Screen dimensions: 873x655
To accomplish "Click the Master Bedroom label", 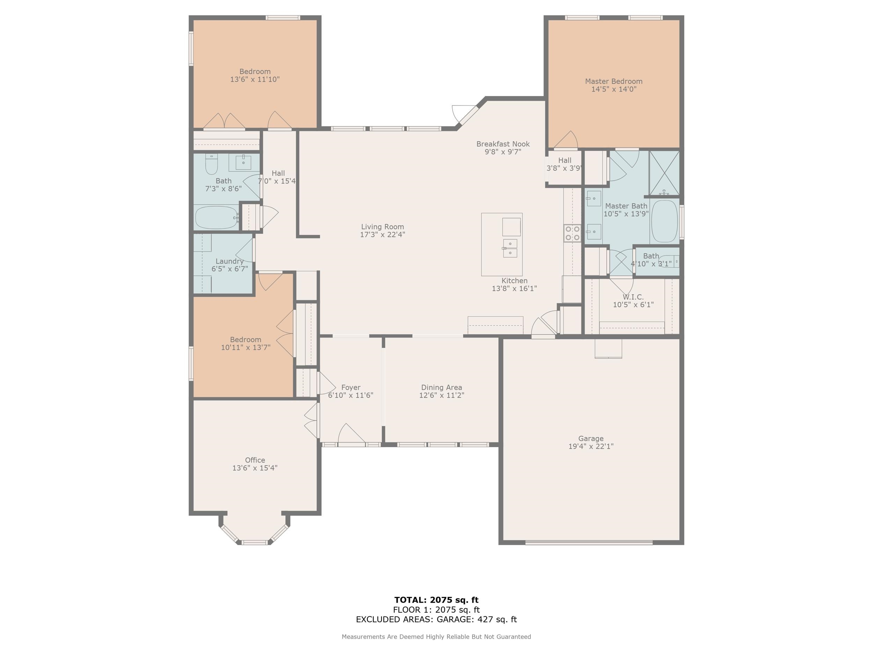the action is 614,81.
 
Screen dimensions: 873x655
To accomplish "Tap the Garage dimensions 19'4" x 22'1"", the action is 591,446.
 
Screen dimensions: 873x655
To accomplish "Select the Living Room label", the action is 382,227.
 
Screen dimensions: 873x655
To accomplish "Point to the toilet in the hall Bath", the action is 212,164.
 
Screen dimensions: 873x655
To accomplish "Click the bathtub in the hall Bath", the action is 216,218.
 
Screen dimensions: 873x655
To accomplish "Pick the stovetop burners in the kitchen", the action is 572,233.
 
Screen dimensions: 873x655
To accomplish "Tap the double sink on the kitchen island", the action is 510,248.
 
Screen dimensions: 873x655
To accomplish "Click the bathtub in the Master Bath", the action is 664,221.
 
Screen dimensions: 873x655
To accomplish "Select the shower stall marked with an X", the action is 664,173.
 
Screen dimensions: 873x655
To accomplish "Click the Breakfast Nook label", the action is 503,144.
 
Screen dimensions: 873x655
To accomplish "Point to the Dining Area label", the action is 441,388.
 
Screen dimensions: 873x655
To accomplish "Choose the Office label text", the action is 255,460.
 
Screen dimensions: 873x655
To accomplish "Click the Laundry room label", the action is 229,261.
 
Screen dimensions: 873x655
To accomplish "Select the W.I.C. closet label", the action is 633,297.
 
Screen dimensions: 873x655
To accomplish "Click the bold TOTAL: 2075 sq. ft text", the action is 436,600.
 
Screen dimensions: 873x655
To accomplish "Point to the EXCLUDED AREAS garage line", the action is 436,619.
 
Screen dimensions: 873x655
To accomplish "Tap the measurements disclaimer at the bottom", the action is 436,637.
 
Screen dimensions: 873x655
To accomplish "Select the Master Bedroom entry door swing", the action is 566,140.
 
